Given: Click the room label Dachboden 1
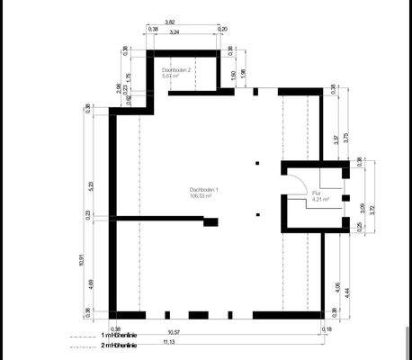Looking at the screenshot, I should [x=204, y=189].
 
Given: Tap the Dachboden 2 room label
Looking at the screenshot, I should [x=176, y=69].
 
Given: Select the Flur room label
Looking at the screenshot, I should [x=317, y=193].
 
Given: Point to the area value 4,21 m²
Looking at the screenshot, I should [x=320, y=200].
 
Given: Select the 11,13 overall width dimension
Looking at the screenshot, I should [x=219, y=343].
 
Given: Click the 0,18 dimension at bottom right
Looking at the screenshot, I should [x=326, y=330].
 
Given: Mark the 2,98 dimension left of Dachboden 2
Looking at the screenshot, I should [x=118, y=87].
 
